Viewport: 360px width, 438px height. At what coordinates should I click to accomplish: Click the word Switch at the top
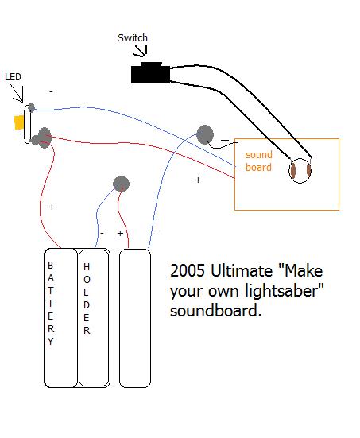(x=133, y=37)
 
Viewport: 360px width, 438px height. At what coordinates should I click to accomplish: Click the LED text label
(x=13, y=76)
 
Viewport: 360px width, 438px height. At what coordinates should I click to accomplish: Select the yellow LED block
(x=18, y=122)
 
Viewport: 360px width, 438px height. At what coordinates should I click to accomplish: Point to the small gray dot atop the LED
(x=31, y=106)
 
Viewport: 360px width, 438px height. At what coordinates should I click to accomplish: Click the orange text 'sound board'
(x=258, y=161)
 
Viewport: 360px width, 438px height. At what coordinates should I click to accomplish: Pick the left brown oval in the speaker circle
(x=293, y=169)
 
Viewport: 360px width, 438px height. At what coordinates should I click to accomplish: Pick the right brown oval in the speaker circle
(x=309, y=169)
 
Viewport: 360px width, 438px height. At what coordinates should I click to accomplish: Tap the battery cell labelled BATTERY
(x=60, y=318)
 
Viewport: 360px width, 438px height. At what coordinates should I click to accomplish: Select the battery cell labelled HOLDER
(x=93, y=318)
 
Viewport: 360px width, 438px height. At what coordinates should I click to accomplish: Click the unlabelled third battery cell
(x=134, y=318)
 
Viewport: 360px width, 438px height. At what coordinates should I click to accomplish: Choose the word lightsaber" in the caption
(x=283, y=291)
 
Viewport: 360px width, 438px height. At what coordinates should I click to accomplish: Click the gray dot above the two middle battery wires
(x=121, y=184)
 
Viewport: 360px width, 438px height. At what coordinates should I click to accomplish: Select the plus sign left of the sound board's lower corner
(x=198, y=180)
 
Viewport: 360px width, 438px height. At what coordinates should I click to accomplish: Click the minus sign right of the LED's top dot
(x=51, y=92)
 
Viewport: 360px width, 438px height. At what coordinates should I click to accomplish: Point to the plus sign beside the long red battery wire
(x=52, y=207)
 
